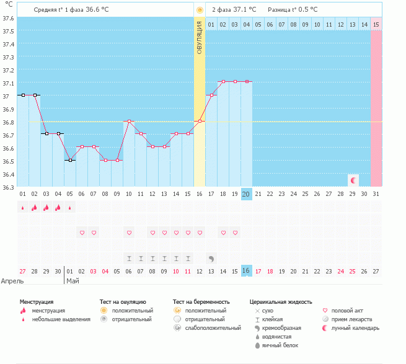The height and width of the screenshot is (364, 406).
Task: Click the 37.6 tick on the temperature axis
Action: coord(8,18)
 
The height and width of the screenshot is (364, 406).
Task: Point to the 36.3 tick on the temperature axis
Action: coord(8,187)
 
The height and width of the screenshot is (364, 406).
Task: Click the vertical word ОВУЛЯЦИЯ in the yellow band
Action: coord(200,38)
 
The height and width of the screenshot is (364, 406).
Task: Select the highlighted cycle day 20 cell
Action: coord(246,194)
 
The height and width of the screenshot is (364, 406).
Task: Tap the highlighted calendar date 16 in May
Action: coord(246,271)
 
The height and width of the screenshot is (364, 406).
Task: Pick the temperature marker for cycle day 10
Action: coord(129,121)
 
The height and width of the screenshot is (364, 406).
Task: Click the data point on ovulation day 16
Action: coord(200,121)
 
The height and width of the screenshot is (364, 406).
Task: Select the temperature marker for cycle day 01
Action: coord(22,95)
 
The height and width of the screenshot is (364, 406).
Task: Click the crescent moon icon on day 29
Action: coord(353,180)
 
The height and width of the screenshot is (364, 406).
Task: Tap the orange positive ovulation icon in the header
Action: coord(200,10)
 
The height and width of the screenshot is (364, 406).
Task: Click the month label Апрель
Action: coord(13,281)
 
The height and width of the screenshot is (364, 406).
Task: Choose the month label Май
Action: coord(73,281)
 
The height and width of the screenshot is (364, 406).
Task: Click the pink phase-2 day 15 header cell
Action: coord(376,24)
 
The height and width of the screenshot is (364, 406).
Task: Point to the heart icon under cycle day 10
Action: coord(129,233)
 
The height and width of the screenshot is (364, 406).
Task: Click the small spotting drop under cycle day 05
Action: coord(69,208)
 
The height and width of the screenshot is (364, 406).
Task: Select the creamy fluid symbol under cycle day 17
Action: coord(211,258)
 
